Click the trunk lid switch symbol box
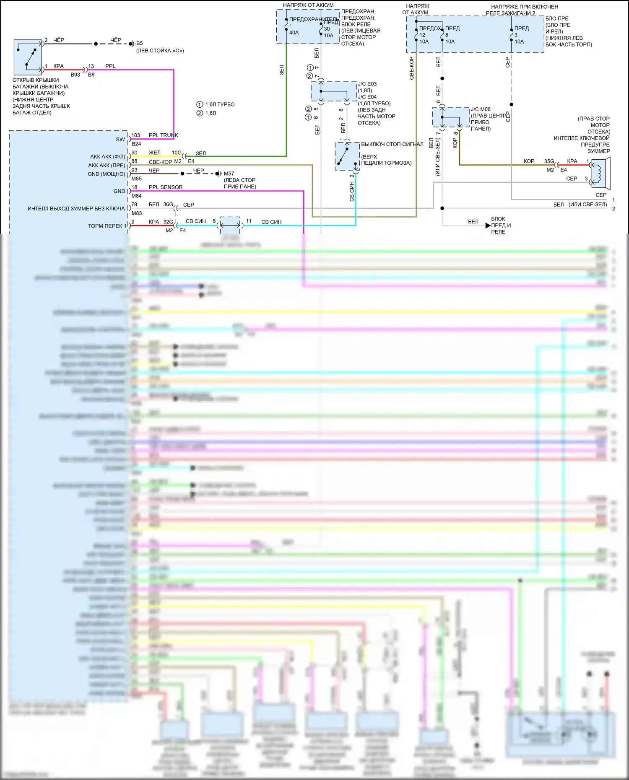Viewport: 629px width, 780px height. pyautogui.click(x=28, y=57)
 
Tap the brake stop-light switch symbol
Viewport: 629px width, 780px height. pyautogui.click(x=347, y=156)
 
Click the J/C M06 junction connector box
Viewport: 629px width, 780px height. pyautogui.click(x=450, y=117)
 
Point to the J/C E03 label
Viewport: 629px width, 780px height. pyautogui.click(x=367, y=84)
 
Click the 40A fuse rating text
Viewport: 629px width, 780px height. pyautogui.click(x=294, y=33)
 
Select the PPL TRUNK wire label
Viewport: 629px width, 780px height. pyautogui.click(x=163, y=135)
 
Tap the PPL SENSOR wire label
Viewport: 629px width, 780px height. pyautogui.click(x=165, y=187)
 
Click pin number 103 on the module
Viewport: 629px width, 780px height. pyautogui.click(x=135, y=135)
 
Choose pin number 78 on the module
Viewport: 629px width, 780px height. pyautogui.click(x=134, y=205)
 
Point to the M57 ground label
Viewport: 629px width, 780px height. pyautogui.click(x=229, y=174)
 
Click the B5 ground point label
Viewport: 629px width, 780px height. pyautogui.click(x=140, y=43)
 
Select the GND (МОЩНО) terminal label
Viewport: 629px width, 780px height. pyautogui.click(x=107, y=174)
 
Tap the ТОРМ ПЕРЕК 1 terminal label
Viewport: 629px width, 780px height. pyautogui.click(x=107, y=226)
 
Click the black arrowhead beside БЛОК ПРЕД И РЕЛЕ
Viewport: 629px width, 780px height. pyautogui.click(x=488, y=225)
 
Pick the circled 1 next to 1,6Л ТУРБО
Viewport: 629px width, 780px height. pyautogui.click(x=200, y=104)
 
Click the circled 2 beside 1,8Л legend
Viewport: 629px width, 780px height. pyautogui.click(x=200, y=113)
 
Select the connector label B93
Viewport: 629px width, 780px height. pyautogui.click(x=75, y=75)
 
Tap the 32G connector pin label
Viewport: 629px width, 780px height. pyautogui.click(x=168, y=222)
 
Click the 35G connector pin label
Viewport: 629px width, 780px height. pyautogui.click(x=549, y=161)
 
